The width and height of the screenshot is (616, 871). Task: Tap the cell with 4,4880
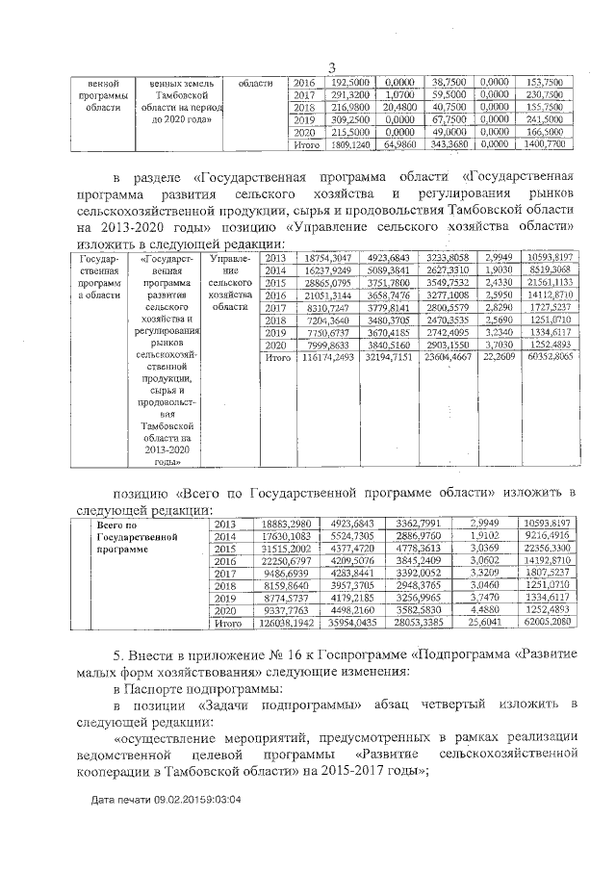494,610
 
